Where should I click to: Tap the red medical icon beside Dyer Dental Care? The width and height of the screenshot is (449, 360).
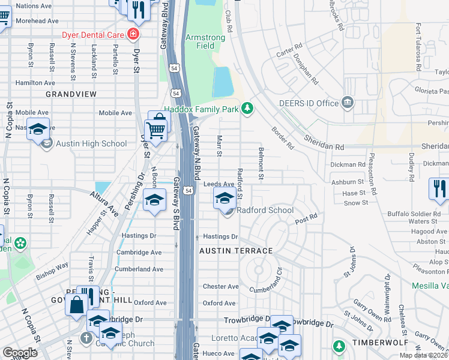point(133,34)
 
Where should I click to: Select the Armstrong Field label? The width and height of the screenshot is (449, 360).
point(205,41)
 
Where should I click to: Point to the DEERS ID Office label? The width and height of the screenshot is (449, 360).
point(309,103)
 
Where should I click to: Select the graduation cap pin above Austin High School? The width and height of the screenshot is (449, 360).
point(38,130)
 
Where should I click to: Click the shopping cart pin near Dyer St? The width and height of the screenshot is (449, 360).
point(155,128)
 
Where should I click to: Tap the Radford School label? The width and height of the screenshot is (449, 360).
point(265,211)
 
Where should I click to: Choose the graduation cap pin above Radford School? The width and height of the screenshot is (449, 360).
point(225,199)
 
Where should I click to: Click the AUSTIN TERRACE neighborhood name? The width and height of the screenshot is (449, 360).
point(236,251)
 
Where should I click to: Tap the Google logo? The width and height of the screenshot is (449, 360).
point(20,353)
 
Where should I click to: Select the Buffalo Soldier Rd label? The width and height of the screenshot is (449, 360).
point(415,212)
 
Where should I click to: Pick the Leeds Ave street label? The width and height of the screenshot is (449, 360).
point(218,184)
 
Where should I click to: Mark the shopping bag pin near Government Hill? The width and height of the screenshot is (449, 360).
point(78,305)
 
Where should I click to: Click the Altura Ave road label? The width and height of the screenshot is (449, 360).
point(104,203)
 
